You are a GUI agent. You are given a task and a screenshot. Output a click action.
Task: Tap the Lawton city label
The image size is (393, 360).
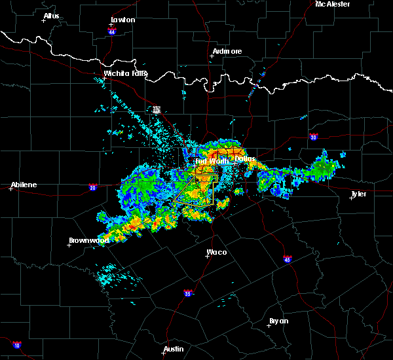click(122, 20)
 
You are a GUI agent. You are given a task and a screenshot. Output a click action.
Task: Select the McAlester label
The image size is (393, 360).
click(332, 4)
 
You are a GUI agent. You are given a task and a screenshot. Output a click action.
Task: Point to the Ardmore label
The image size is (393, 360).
click(227, 51)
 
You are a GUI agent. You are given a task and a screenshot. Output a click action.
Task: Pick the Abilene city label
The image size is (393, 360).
click(24, 185)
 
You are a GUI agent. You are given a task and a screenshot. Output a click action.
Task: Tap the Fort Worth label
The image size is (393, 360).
click(212, 160)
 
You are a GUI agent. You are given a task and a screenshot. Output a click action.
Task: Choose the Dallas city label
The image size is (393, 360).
click(245, 158)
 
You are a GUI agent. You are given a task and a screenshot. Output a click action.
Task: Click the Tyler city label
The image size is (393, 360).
click(358, 194)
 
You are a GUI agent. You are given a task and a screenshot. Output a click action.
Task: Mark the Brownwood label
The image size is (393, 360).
click(89, 240)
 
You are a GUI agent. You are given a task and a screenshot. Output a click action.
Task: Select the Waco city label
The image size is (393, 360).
click(217, 252)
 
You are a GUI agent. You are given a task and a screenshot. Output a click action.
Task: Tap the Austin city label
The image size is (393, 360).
click(174, 349)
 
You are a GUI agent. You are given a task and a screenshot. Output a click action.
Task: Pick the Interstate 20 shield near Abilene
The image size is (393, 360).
click(92, 187)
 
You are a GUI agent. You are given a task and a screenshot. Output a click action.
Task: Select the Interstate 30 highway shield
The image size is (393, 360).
click(314, 137)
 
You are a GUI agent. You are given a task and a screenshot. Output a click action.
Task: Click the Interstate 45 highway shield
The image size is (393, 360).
click(288, 260)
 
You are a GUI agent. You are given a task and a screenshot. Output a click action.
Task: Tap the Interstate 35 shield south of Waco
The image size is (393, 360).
click(188, 293)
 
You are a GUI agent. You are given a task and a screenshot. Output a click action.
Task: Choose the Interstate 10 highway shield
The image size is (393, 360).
click(16, 345)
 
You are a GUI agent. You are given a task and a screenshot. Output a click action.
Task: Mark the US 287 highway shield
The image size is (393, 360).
click(157, 110)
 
